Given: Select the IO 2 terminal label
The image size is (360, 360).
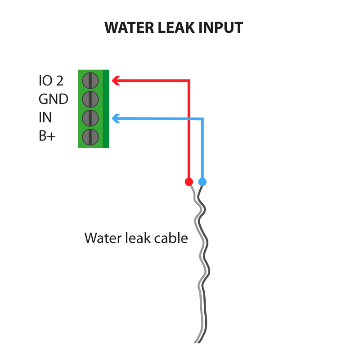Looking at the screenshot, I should point(51,81).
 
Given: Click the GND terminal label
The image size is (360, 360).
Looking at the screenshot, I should point(53,99).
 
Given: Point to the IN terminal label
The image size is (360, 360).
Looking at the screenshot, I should point(45,118).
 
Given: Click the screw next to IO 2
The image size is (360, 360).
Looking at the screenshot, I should point(90,81).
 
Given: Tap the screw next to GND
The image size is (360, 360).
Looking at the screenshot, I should point(90,99).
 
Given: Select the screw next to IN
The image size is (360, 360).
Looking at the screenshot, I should point(90,118).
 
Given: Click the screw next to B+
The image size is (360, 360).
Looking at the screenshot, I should point(90,136).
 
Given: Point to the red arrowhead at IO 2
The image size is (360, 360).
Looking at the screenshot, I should point(115,81).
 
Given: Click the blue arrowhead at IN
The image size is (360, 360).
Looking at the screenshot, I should point(115,118).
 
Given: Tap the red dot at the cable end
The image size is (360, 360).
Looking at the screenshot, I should point(189,182).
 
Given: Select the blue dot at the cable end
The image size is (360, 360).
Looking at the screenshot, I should point(202,182).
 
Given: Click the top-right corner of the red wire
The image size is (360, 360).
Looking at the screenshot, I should point(189,81).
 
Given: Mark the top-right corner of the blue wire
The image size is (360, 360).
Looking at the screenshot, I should point(202,119).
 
